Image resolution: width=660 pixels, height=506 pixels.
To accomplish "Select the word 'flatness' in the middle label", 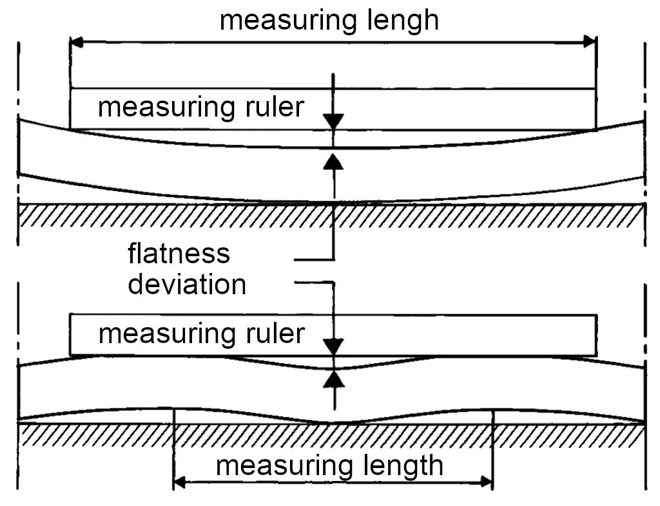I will point(179,254).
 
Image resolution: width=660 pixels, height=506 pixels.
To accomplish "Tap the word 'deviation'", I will point(187,284).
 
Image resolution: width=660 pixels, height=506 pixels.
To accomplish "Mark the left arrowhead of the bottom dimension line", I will point(181,481).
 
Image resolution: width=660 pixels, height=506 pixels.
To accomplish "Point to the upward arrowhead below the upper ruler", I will point(333,160).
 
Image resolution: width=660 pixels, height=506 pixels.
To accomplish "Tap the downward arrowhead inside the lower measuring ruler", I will point(333,347).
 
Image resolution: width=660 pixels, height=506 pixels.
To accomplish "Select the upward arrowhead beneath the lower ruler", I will point(333,379).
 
